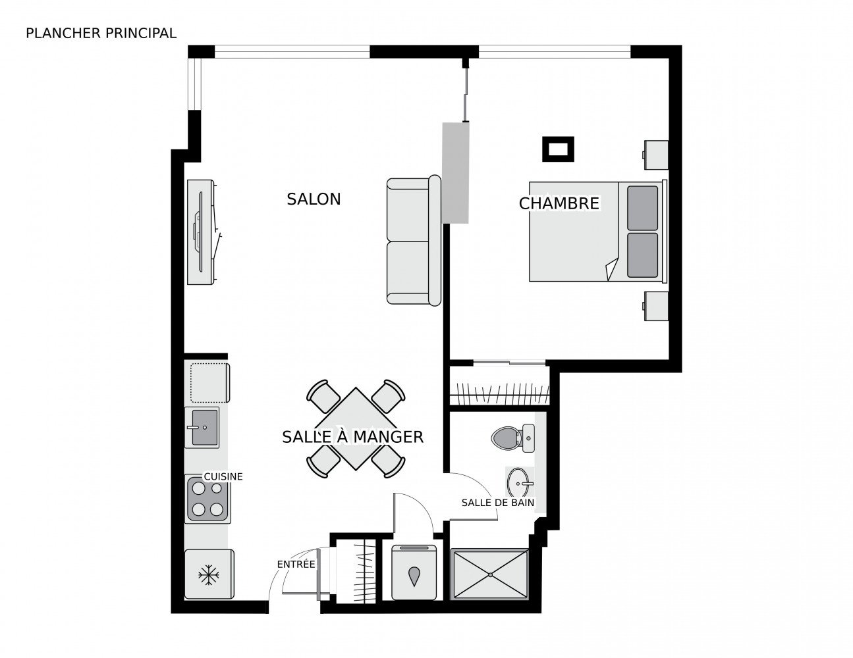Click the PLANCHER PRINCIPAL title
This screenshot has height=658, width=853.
[101, 34]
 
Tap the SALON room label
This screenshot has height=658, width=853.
[314, 199]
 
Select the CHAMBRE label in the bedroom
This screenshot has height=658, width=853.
[559, 203]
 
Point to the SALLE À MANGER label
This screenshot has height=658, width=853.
[353, 437]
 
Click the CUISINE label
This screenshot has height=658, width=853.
[223, 476]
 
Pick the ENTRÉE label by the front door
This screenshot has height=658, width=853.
[296, 564]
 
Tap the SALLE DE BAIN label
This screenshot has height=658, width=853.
[498, 503]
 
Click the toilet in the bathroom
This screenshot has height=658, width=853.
[512, 438]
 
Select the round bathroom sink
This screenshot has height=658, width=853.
[519, 483]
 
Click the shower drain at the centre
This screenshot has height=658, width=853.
[490, 574]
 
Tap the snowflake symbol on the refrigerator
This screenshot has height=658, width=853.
[208, 575]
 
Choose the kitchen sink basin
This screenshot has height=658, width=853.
[204, 428]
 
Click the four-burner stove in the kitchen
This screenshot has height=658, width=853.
[207, 499]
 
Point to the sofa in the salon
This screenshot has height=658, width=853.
[414, 240]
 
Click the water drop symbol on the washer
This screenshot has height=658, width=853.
[414, 576]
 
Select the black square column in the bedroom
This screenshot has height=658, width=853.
[558, 149]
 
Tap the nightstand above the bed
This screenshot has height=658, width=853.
[655, 155]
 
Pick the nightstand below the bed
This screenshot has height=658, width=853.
[655, 306]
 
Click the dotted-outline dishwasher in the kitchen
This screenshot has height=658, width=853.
[210, 383]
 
